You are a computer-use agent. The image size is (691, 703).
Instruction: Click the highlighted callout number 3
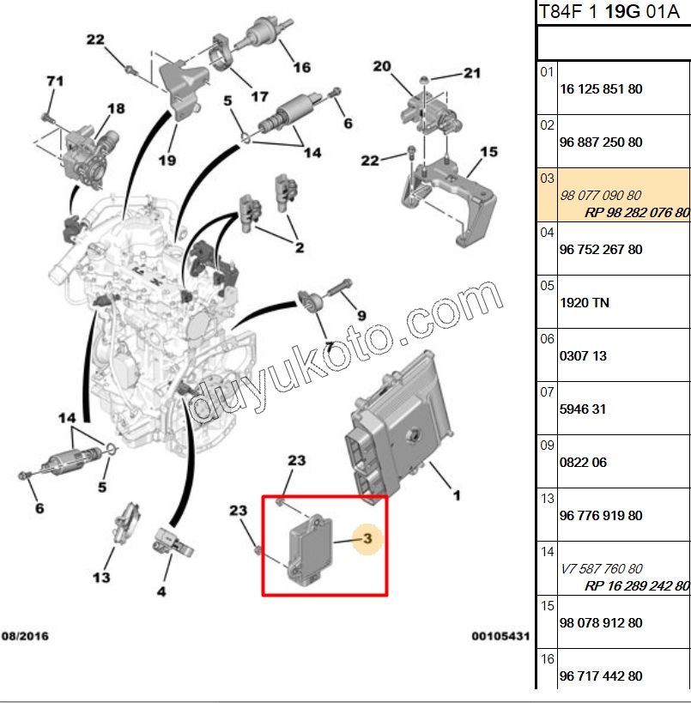point(367,539)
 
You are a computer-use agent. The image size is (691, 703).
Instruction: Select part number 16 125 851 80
point(600,89)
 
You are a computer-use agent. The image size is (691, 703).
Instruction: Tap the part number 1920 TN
point(584,302)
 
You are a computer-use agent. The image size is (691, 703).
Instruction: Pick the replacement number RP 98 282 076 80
point(637,212)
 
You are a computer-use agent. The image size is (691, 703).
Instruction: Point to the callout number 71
point(55,82)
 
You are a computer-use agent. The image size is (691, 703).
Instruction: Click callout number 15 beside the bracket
point(488,152)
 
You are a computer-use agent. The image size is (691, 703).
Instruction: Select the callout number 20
point(382,66)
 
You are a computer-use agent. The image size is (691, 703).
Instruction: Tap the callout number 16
point(301,67)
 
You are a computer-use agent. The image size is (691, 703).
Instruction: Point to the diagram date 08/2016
point(25,636)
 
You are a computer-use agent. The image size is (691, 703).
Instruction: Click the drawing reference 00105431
point(500,636)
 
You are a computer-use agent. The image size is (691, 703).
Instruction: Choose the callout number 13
point(101,577)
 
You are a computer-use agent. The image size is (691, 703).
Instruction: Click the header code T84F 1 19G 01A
point(613,14)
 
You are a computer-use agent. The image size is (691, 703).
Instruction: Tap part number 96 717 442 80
point(600,676)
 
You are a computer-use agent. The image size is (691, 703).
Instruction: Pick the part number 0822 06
point(583,462)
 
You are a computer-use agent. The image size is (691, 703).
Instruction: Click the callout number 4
point(161,591)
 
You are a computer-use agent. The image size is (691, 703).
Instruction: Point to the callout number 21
point(472,73)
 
